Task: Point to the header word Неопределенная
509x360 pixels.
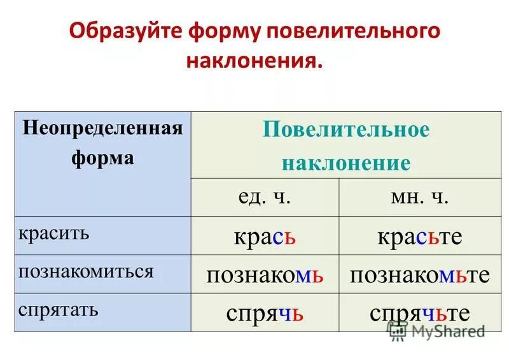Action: (103, 127)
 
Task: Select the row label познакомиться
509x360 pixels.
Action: (86, 272)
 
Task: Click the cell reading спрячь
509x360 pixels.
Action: (265, 313)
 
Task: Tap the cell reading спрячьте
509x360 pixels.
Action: (420, 313)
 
